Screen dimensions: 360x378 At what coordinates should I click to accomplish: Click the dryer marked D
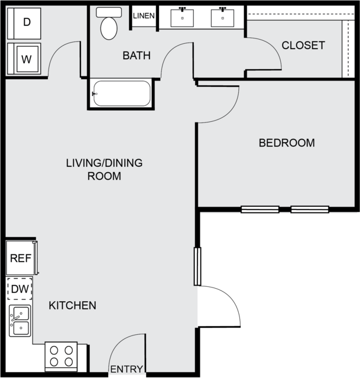click(x=24, y=24)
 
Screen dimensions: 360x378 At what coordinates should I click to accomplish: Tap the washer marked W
click(x=24, y=59)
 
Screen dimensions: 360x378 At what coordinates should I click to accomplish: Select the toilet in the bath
click(x=109, y=24)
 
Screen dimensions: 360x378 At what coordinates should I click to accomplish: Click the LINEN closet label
click(x=144, y=16)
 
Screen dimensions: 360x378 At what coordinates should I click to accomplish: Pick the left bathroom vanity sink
click(x=182, y=18)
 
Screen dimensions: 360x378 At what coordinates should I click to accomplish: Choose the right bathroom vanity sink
click(x=222, y=18)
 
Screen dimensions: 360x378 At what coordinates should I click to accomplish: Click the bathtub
click(x=122, y=93)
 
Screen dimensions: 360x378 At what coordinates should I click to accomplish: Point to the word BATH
click(x=137, y=56)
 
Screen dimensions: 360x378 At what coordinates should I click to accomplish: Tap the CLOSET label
click(x=303, y=46)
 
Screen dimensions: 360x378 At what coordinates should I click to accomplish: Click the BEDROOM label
click(x=287, y=143)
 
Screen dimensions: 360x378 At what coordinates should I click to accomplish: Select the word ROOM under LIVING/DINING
click(x=104, y=176)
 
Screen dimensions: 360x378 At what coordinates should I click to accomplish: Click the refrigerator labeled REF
click(x=22, y=258)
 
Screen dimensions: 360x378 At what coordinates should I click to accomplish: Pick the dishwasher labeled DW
click(x=20, y=289)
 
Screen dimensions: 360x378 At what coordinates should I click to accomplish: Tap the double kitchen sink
click(x=20, y=321)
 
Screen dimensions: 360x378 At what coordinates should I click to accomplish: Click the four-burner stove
click(x=61, y=357)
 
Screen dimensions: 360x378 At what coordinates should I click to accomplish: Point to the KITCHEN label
click(x=73, y=306)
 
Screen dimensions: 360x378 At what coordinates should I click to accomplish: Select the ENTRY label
click(x=127, y=369)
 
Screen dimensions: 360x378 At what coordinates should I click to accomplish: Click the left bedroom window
click(x=260, y=209)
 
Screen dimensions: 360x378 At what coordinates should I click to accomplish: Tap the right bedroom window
click(x=310, y=209)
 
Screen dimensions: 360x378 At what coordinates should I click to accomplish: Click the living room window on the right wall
click(x=197, y=266)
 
